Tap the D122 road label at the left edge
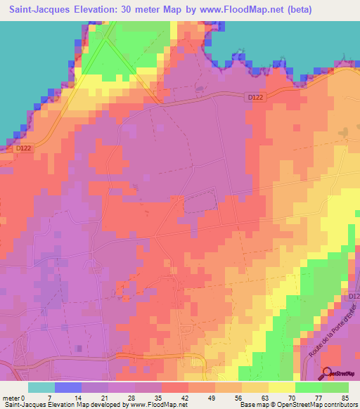pyautogui.click(x=24, y=148)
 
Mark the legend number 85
pyautogui.click(x=344, y=396)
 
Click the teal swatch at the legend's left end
pyautogui.click(x=41, y=387)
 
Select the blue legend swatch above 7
pyautogui.click(x=68, y=387)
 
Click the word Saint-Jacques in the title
pyautogui.click(x=34, y=9)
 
